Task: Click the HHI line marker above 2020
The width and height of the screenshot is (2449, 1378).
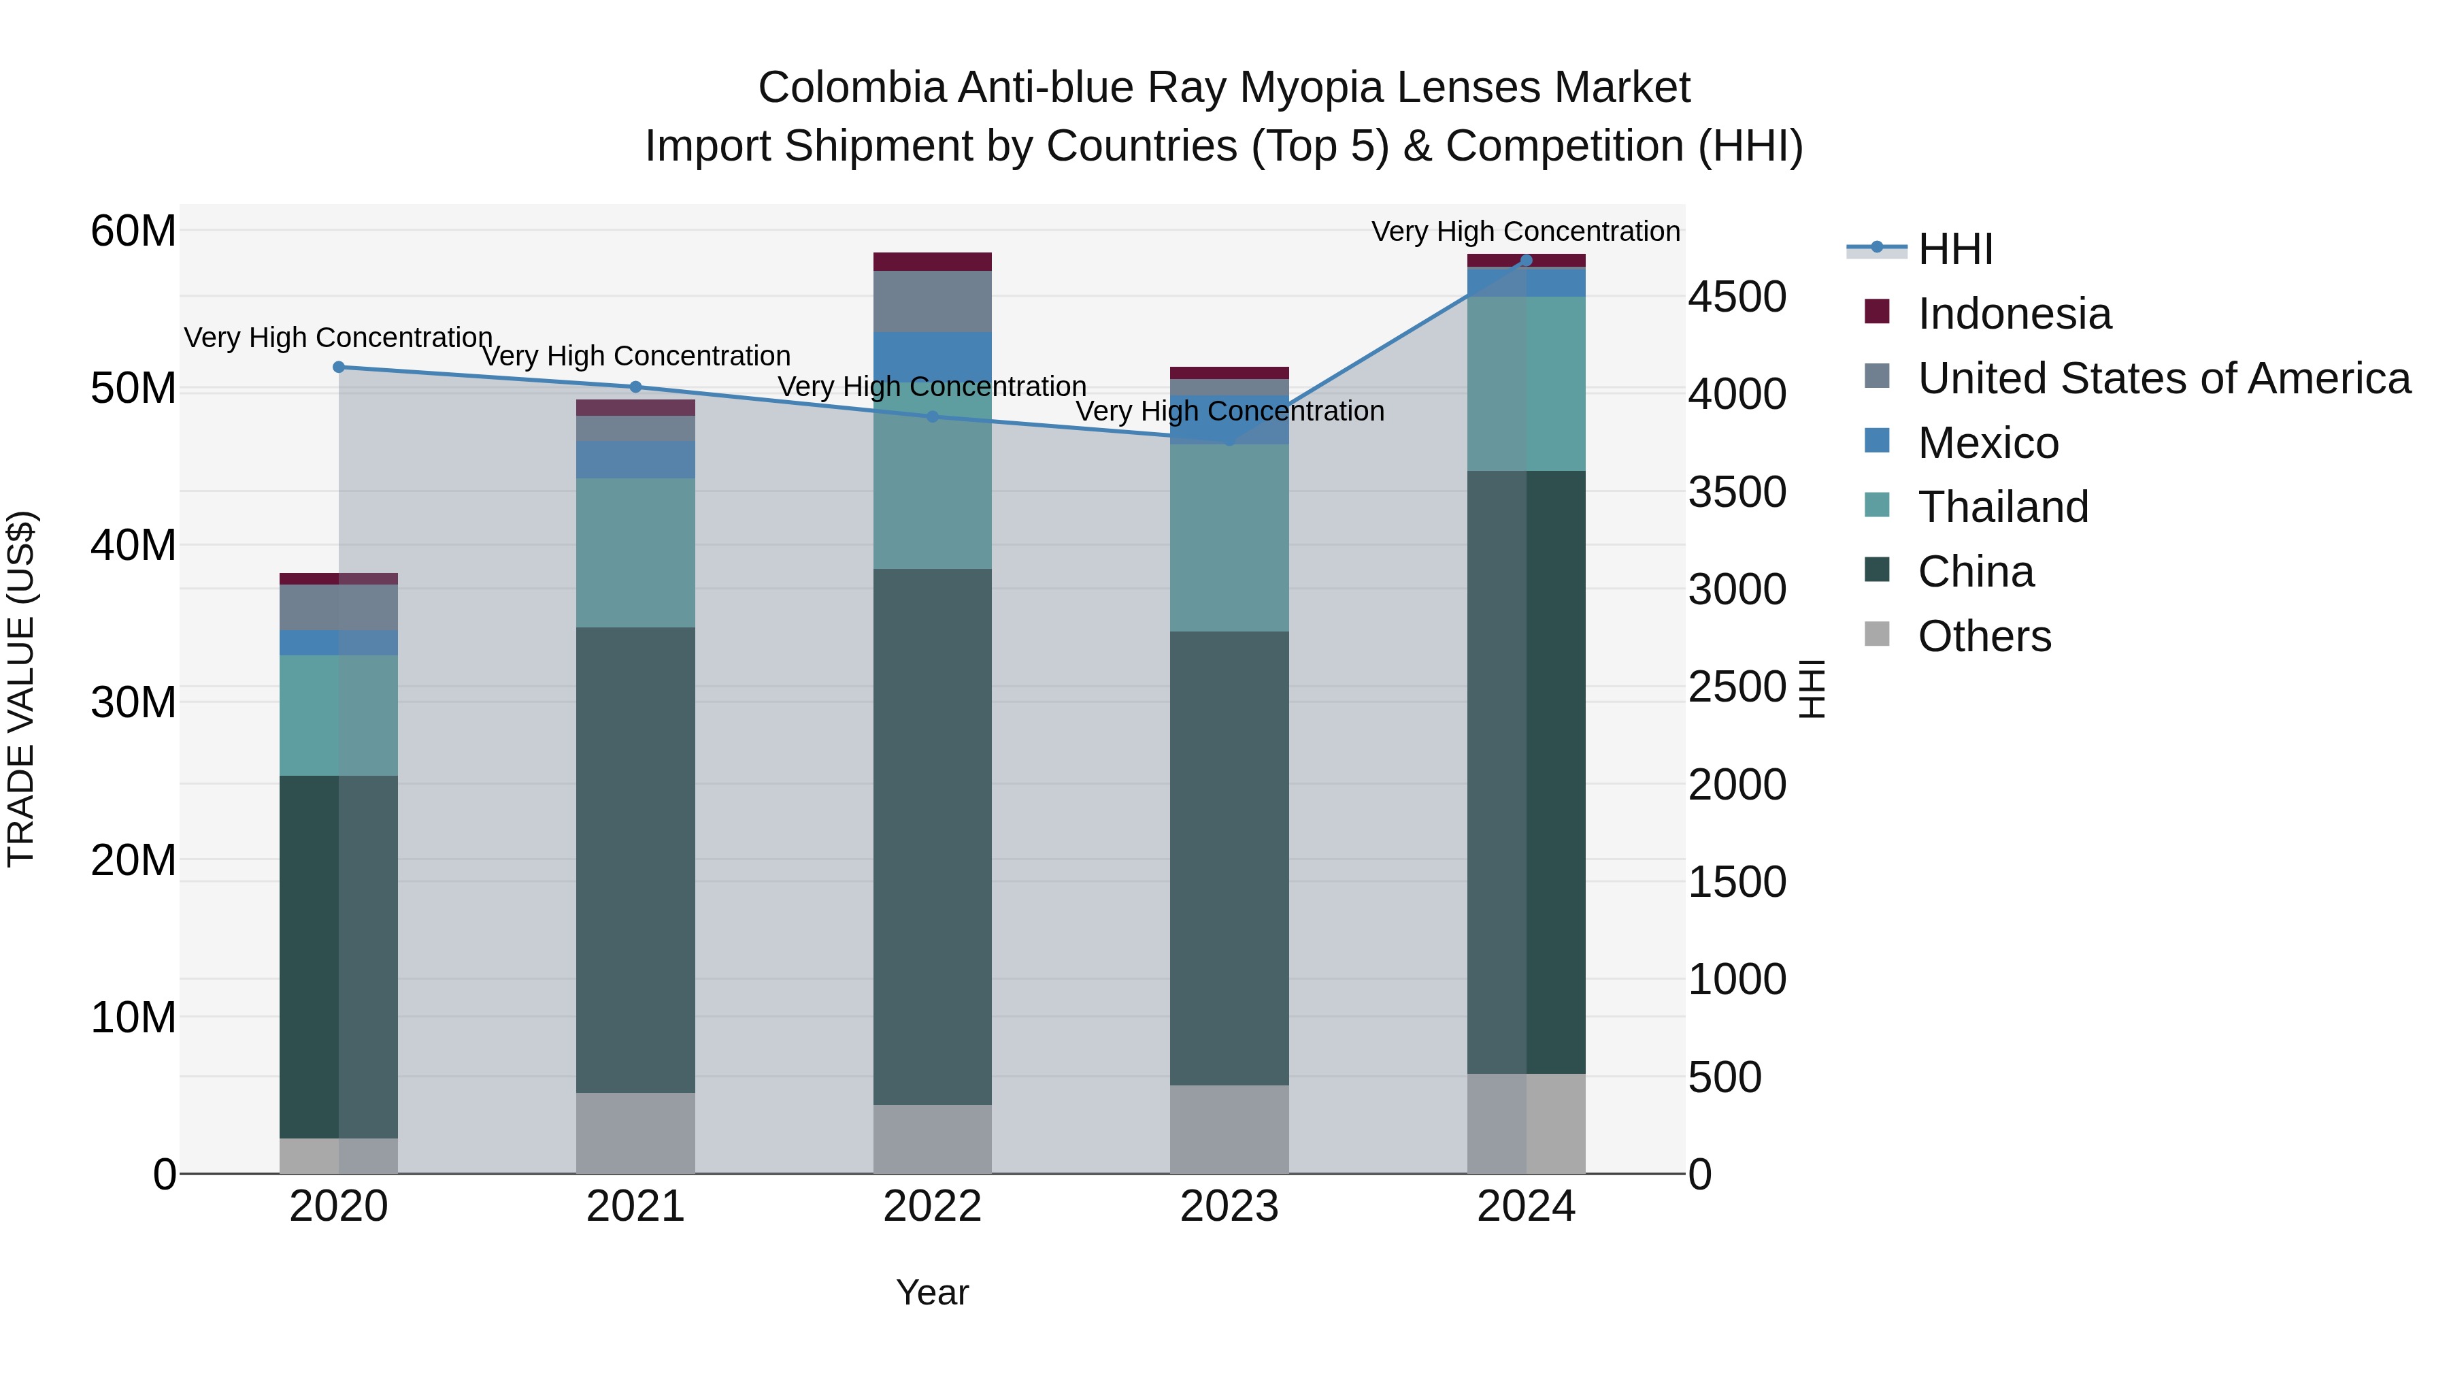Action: pyautogui.click(x=339, y=367)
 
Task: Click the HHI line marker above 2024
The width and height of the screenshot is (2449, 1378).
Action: pyautogui.click(x=1526, y=261)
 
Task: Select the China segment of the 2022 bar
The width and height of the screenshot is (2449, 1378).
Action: pyautogui.click(x=932, y=837)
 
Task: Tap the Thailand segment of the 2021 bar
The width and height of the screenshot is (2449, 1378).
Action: pyautogui.click(x=635, y=553)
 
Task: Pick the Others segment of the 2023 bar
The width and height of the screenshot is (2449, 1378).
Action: pyautogui.click(x=1229, y=1129)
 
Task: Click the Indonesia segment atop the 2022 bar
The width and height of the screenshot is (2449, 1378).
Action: pyautogui.click(x=932, y=261)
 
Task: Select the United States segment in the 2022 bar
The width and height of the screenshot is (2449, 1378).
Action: pyautogui.click(x=932, y=301)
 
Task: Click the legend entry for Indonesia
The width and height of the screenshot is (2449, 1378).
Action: pyautogui.click(x=2014, y=314)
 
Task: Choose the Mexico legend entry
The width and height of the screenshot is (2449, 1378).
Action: pyautogui.click(x=1988, y=443)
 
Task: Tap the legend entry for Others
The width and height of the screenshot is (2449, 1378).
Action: pyautogui.click(x=1984, y=636)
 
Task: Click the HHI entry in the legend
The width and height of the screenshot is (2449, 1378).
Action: pyautogui.click(x=1954, y=249)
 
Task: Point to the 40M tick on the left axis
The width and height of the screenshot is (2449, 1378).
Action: pyautogui.click(x=133, y=546)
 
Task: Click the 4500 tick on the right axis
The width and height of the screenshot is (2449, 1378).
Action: pyautogui.click(x=1736, y=297)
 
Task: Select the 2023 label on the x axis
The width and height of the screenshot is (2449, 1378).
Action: pyautogui.click(x=1229, y=1207)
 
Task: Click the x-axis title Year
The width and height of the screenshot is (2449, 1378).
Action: pyautogui.click(x=932, y=1292)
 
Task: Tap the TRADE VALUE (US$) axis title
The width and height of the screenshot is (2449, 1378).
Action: pyautogui.click(x=21, y=689)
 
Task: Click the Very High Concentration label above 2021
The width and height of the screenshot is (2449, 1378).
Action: pyautogui.click(x=635, y=356)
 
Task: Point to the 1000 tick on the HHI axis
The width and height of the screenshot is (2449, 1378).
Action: pyautogui.click(x=1736, y=979)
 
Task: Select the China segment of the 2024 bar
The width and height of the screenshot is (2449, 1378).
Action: pyautogui.click(x=1526, y=772)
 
